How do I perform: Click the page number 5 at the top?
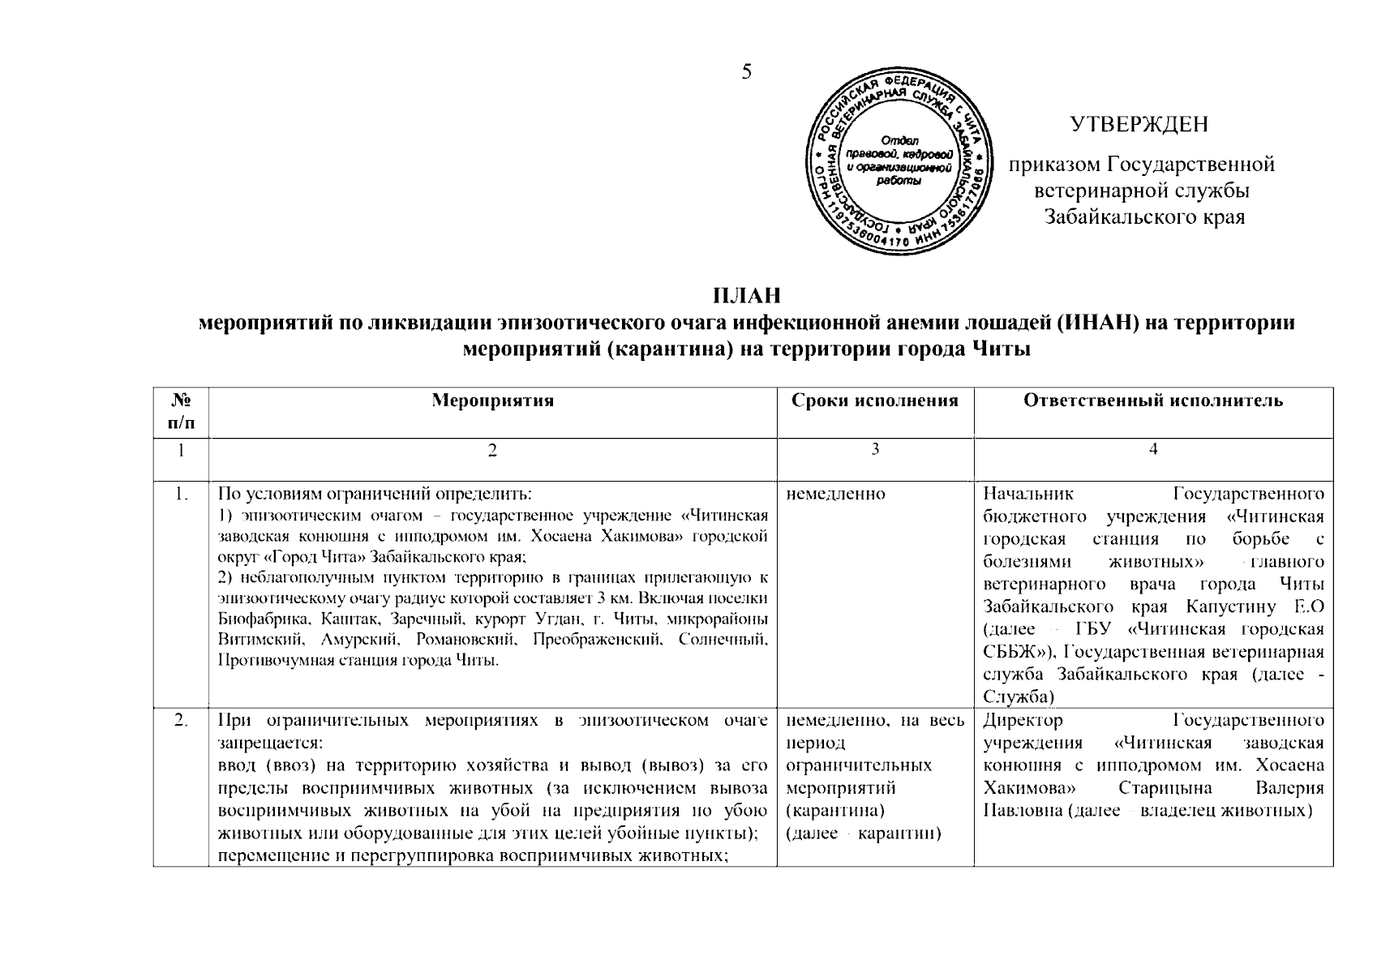click(x=746, y=72)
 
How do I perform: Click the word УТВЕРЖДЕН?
click(x=1139, y=124)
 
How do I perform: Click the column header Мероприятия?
click(x=492, y=401)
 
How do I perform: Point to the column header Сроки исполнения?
click(x=875, y=401)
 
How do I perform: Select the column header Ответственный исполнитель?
click(x=1153, y=401)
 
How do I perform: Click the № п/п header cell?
click(x=181, y=411)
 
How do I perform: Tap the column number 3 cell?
click(x=875, y=451)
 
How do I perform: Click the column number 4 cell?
click(x=1153, y=451)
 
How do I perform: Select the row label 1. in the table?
click(x=182, y=494)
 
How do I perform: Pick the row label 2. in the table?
click(x=182, y=720)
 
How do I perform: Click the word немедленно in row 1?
click(x=836, y=494)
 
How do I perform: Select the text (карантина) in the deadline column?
click(x=835, y=811)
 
